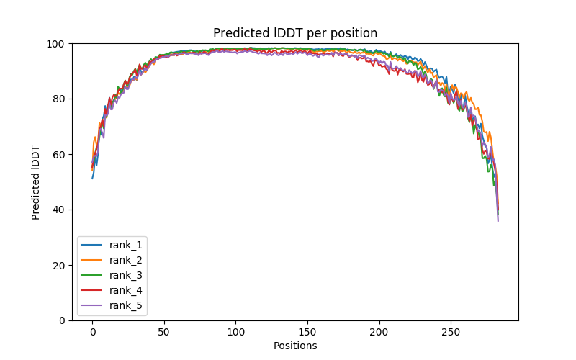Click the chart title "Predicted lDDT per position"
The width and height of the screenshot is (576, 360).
point(295,33)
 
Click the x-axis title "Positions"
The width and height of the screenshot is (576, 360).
point(295,346)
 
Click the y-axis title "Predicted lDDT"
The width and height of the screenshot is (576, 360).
point(36,181)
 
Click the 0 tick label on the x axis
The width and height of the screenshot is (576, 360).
point(92,331)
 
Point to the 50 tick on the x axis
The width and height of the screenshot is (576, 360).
point(164,331)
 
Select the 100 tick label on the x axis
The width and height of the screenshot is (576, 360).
point(235,331)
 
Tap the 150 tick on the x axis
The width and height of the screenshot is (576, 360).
point(307,331)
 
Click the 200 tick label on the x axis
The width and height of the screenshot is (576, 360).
point(379,331)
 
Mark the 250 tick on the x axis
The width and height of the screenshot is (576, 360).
point(451,331)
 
